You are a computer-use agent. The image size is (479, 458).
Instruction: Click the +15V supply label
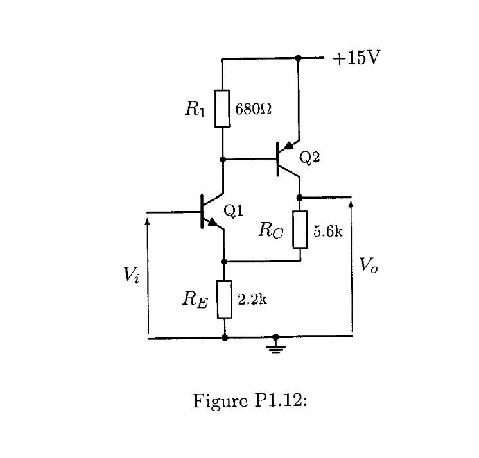(x=356, y=58)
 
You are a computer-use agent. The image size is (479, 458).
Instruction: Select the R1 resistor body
(x=222, y=108)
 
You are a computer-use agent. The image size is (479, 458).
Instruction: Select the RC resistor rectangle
(x=300, y=230)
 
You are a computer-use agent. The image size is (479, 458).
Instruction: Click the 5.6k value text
(x=328, y=231)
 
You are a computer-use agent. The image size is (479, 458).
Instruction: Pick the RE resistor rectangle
(x=224, y=300)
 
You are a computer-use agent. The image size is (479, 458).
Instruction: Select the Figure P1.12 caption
(x=250, y=402)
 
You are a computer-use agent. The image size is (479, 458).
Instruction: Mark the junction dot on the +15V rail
(x=298, y=58)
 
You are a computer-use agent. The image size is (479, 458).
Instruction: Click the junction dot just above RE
(x=224, y=262)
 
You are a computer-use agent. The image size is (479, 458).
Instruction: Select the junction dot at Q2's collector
(x=300, y=197)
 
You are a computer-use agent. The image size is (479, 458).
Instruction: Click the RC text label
(x=270, y=231)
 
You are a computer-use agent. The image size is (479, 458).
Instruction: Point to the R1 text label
(x=195, y=108)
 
